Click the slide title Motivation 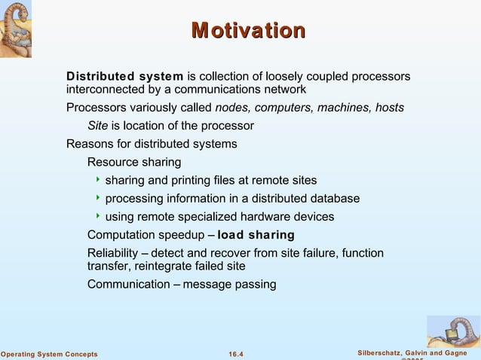tap(248, 31)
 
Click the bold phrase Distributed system tap(124, 77)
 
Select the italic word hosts tap(390, 108)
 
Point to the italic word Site tap(98, 126)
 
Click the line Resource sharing tap(134, 162)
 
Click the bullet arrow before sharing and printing tap(98, 180)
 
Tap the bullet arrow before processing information tap(98, 198)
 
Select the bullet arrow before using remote tap(98, 217)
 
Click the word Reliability tap(112, 253)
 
